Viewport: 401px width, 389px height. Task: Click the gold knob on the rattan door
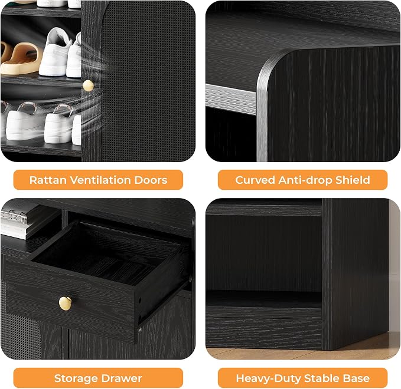[88, 86]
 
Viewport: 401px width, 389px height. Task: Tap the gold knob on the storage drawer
[65, 304]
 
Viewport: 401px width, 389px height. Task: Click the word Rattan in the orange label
[48, 180]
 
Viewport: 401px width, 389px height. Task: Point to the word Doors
[151, 180]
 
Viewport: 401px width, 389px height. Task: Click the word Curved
[255, 180]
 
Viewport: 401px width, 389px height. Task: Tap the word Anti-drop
[305, 180]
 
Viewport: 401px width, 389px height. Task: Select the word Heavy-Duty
[268, 378]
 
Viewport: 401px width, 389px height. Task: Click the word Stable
[322, 378]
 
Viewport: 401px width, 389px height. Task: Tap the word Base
[357, 378]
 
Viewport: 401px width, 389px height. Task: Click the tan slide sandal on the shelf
[21, 58]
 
